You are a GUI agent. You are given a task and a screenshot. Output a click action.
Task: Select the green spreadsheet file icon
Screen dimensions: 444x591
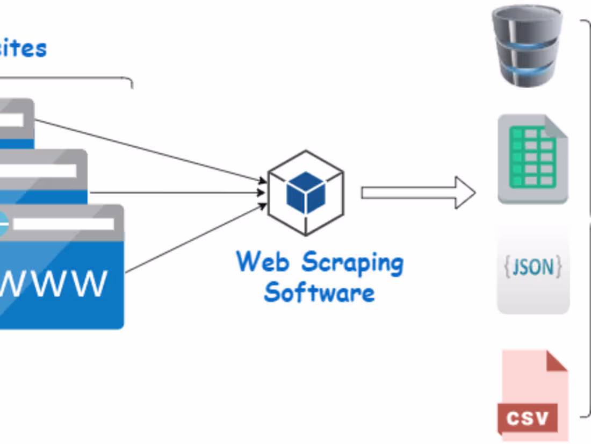tap(532, 159)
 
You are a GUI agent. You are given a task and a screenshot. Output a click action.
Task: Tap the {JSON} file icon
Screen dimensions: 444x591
tap(533, 268)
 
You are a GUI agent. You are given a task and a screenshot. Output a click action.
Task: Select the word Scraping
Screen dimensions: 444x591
tap(352, 263)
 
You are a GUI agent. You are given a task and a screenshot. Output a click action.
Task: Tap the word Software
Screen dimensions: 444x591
tap(319, 293)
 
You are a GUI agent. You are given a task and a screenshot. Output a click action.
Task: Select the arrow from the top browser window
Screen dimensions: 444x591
tap(150, 150)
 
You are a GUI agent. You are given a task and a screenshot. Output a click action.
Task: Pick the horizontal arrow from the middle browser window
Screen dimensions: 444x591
tap(177, 192)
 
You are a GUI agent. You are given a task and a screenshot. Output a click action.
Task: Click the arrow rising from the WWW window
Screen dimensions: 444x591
tap(196, 237)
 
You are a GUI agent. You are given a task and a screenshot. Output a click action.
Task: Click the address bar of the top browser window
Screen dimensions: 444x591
tap(11, 120)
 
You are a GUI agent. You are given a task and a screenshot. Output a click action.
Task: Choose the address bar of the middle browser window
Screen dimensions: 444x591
tap(38, 171)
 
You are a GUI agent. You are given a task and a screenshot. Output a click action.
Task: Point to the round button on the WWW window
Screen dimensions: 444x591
tap(2, 223)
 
